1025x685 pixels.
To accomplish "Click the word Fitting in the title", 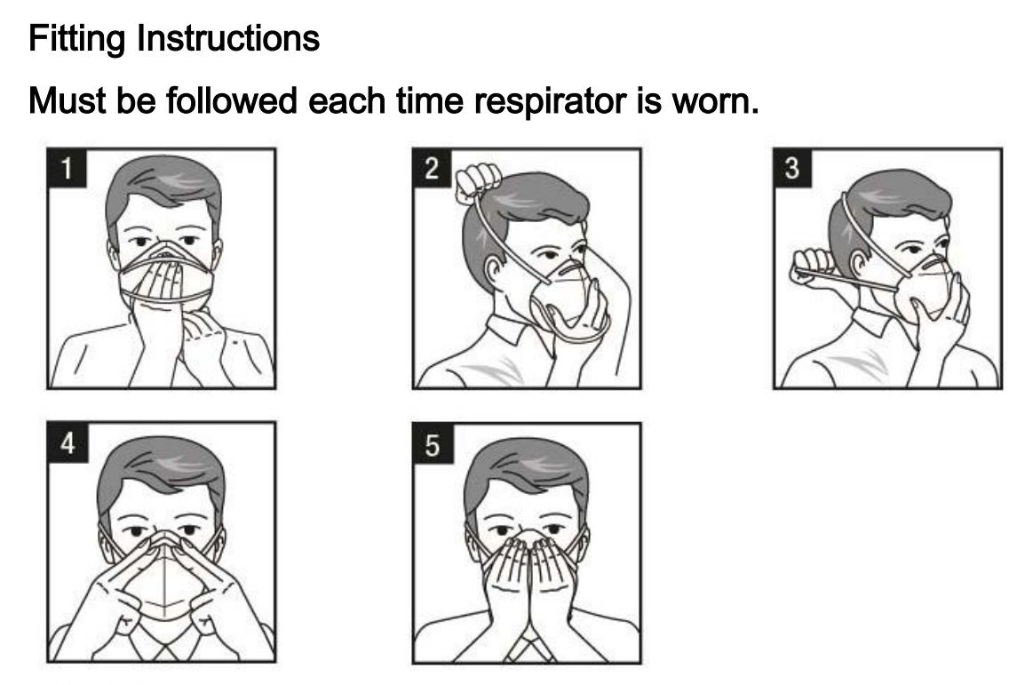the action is coord(76,38).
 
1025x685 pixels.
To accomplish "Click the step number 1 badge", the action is coord(66,168).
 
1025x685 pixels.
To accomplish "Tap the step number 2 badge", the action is coord(432,168).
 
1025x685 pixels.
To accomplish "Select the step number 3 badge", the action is coord(792,168).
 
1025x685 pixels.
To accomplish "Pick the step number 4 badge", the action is coord(68,442).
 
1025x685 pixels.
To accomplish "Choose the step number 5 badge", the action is coord(433,444).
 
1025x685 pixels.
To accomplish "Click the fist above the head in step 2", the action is coord(479,183).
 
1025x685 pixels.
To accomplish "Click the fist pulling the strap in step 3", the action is coord(813,266).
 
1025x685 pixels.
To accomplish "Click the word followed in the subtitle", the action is coord(232,100).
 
